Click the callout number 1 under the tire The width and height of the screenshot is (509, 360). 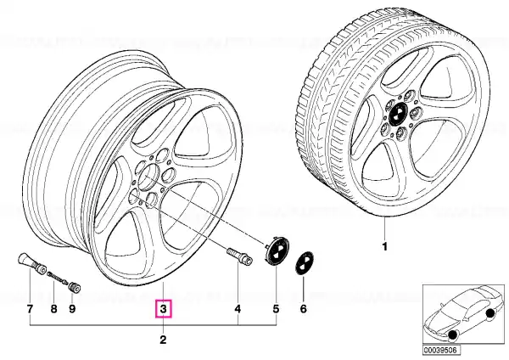[x=384, y=247]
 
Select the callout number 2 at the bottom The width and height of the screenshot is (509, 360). [x=163, y=340]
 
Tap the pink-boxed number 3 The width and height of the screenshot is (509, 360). [x=163, y=309]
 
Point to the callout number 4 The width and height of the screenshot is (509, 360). [x=238, y=309]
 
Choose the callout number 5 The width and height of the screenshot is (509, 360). [x=276, y=309]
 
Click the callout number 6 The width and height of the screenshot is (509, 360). [x=303, y=309]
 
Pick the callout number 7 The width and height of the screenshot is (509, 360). [x=30, y=309]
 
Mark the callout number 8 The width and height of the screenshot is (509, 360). [x=54, y=309]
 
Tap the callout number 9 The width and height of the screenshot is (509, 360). [x=72, y=309]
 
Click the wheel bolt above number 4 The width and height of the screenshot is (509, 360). [x=238, y=256]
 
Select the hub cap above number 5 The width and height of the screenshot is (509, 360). [x=277, y=250]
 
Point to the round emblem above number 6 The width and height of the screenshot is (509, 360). [x=305, y=263]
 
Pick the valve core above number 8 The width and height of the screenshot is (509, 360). [x=57, y=278]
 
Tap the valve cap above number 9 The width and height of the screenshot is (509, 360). [x=76, y=288]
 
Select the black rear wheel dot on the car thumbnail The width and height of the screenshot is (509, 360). [x=489, y=313]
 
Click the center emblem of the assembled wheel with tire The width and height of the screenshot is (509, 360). [x=398, y=114]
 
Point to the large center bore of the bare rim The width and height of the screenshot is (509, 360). [x=148, y=177]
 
